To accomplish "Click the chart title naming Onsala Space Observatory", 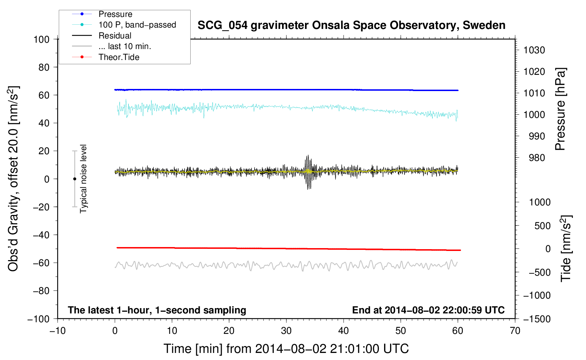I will (351, 25).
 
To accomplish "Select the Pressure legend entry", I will (115, 14).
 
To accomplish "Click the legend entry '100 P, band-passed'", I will (137, 25).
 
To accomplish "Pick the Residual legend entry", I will (115, 36).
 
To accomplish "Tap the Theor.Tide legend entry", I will (119, 57).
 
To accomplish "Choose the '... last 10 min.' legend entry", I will (125, 46).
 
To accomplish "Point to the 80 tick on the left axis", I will (44, 67).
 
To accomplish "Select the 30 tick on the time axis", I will (286, 331).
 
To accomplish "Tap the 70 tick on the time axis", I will (515, 331).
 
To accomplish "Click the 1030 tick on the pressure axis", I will (534, 50).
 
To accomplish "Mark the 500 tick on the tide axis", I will (542, 226).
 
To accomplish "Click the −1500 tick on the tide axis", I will (537, 319).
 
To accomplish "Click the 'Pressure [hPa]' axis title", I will (560, 109).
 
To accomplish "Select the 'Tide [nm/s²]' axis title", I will (566, 248).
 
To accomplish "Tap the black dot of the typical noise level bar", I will (74, 179).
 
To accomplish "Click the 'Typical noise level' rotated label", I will (83, 179).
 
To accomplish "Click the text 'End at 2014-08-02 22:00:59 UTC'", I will (428, 310).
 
